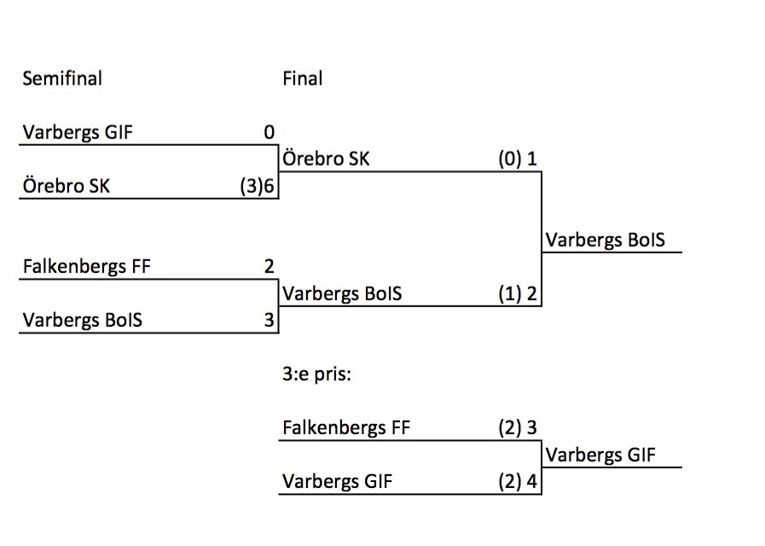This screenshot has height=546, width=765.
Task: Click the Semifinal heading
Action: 61,78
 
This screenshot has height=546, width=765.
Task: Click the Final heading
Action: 302,78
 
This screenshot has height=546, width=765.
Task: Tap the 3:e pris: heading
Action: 316,374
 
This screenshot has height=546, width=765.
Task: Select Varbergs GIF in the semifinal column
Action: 78,133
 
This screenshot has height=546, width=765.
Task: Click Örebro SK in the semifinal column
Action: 66,186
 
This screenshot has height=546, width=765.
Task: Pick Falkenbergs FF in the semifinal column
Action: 86,266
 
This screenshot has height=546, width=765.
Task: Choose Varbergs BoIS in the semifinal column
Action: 82,320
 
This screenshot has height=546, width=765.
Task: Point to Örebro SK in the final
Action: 326,160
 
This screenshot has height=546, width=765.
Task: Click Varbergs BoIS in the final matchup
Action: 341,294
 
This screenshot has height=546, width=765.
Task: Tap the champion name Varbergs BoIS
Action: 605,241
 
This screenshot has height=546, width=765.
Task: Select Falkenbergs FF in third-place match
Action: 346,427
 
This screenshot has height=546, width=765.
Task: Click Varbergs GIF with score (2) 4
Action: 337,482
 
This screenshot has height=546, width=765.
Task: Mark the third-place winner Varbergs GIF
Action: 600,456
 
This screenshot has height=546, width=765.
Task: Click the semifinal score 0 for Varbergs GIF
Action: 269,133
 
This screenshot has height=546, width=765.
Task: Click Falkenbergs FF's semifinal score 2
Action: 269,266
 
